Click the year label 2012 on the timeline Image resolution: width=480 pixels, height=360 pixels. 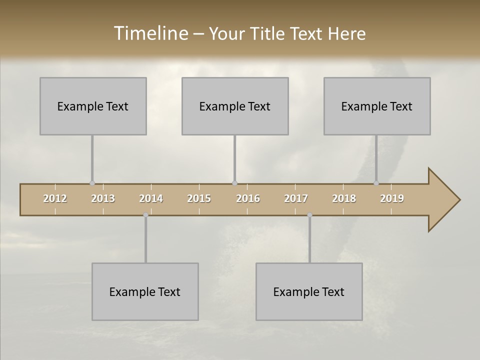tap(55, 198)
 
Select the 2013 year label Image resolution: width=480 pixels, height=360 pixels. tap(103, 198)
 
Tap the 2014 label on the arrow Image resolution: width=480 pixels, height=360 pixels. tap(151, 198)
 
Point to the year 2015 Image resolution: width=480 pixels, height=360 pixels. tap(199, 198)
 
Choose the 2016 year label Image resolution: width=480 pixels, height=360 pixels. tap(248, 198)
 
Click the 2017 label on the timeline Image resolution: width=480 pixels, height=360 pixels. tap(296, 198)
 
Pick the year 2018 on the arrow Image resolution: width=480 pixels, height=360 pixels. tap(344, 198)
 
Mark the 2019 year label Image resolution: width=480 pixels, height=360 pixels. tap(392, 198)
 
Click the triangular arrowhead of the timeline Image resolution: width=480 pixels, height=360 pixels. tap(442, 200)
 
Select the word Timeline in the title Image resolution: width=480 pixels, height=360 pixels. tap(150, 33)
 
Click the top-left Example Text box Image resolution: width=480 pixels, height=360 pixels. tap(93, 106)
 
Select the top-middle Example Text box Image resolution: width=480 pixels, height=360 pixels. tap(235, 106)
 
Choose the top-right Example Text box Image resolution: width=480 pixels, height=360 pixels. tap(377, 106)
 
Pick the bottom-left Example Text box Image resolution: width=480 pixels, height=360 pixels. tap(145, 291)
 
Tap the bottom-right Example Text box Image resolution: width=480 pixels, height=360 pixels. tap(309, 291)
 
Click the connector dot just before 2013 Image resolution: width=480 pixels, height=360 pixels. tap(92, 183)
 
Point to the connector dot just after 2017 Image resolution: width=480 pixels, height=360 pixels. tap(309, 215)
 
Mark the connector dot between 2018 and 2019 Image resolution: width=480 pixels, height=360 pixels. tap(376, 183)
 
